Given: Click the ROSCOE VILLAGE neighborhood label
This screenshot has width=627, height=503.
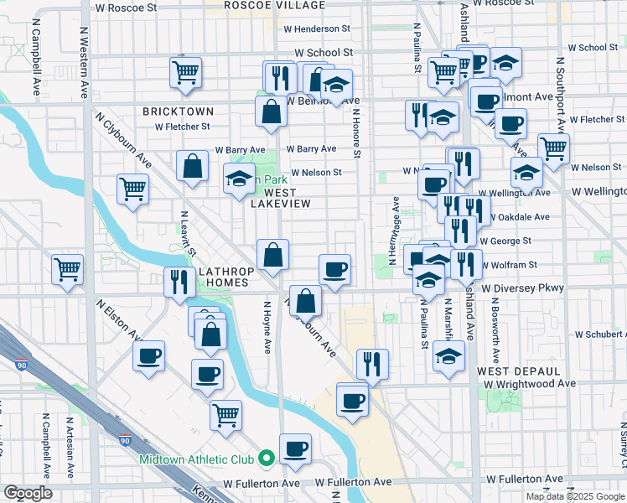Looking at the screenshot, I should pyautogui.click(x=262, y=6).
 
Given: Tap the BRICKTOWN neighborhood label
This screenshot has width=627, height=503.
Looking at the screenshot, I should pyautogui.click(x=178, y=111).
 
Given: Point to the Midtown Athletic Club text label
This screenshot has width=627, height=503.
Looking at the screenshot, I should pyautogui.click(x=202, y=459).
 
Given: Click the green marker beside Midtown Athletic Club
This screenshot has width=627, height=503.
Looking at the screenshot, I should pyautogui.click(x=267, y=458).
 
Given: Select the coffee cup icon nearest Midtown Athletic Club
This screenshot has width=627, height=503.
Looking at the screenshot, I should pyautogui.click(x=295, y=448).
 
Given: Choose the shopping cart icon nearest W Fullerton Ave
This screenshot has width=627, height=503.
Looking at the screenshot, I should pyautogui.click(x=225, y=413).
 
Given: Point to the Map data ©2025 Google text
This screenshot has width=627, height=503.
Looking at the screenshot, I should pyautogui.click(x=575, y=496).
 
